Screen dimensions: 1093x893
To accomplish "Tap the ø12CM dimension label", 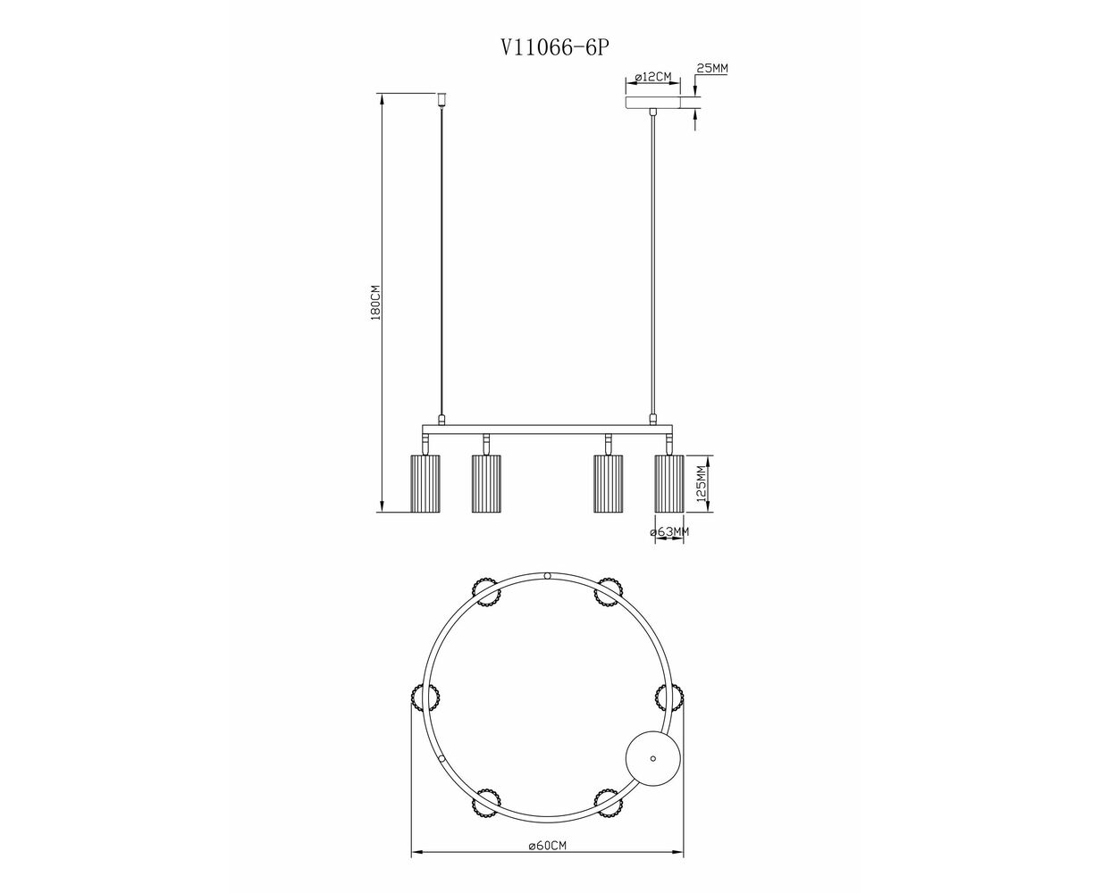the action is coord(653,77).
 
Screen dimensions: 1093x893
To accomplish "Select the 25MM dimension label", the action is coord(712,69).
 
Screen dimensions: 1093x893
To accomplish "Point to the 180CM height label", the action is coord(375,303).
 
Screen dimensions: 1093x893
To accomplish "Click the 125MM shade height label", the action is coord(702,484).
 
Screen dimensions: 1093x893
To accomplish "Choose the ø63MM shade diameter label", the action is coord(669,531).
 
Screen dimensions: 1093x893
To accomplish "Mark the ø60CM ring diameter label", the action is coord(548,846).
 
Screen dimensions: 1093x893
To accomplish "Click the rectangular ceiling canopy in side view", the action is coord(653,103).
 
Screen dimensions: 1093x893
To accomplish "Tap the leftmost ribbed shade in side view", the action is coord(425,484).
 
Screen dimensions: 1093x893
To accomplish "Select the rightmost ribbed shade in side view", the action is coord(669,484).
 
